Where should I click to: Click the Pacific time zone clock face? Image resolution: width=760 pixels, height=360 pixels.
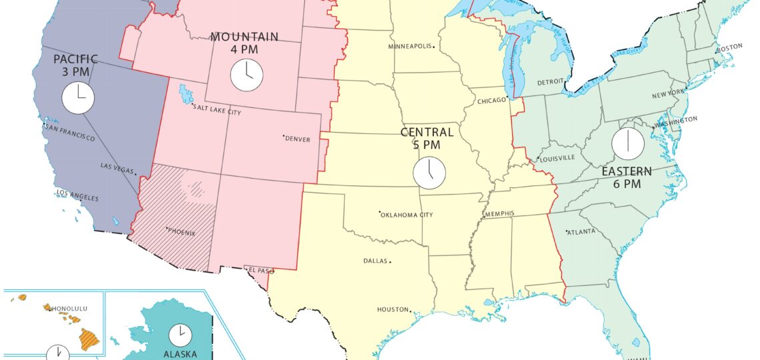pos(78,97)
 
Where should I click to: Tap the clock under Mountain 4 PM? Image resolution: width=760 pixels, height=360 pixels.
pos(247,74)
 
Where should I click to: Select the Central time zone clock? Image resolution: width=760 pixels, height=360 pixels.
pos(429,173)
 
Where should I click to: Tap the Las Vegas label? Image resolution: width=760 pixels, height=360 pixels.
pos(117,167)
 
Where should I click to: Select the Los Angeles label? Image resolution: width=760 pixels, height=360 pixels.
pos(77,195)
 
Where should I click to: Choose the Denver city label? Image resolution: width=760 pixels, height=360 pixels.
pos(298,139)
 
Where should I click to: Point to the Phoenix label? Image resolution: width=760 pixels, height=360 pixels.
pos(182,231)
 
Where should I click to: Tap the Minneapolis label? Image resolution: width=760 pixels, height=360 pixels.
pos(410,46)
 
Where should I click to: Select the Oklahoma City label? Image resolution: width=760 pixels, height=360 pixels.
pos(407,215)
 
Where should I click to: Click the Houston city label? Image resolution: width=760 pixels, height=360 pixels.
pos(393,309)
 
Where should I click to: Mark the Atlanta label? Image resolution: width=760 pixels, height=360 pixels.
pos(582,232)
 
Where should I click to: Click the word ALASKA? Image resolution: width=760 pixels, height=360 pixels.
pos(180,355)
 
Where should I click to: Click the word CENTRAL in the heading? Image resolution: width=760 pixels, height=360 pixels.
pos(427,132)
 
